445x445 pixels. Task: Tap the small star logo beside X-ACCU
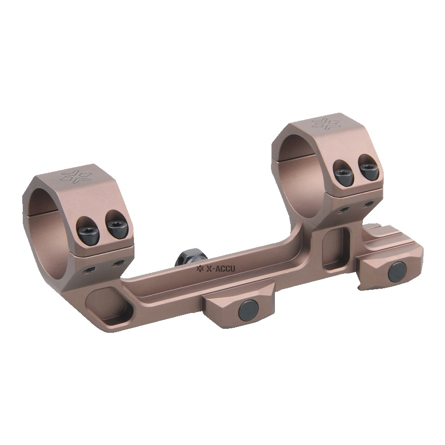click(x=200, y=269)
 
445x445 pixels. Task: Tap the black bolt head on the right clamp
click(x=397, y=270)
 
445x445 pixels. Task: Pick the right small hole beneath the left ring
click(x=117, y=263)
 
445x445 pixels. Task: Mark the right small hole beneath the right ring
click(x=368, y=204)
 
